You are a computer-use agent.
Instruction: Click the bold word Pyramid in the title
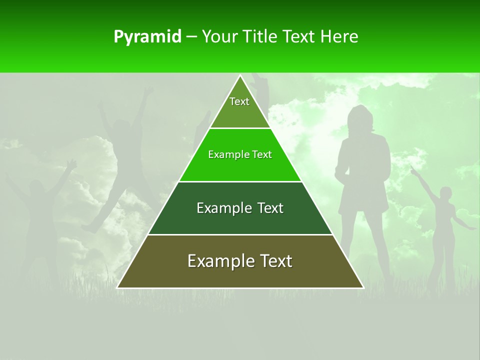[x=147, y=37]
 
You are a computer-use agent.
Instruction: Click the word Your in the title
[x=219, y=36]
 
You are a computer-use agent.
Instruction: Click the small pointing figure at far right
[x=442, y=225]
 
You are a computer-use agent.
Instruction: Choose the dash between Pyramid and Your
[x=191, y=37]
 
